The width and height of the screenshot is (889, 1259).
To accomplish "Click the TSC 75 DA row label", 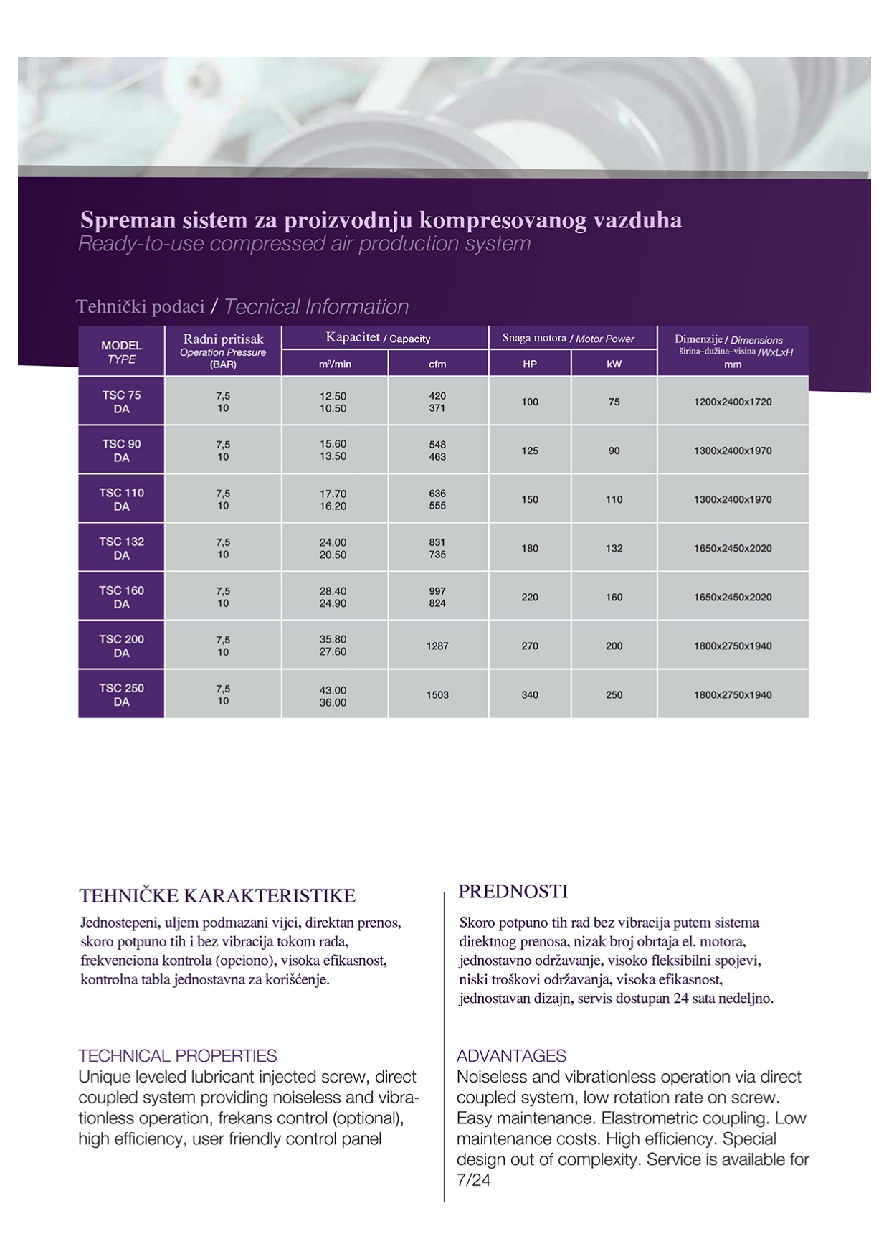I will [121, 402].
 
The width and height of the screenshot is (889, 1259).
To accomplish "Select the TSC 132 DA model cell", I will [121, 548].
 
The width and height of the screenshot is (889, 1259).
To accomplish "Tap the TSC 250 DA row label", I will [121, 694].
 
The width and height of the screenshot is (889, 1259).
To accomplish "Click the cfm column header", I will [437, 364].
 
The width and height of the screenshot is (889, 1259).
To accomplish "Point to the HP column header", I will [530, 364].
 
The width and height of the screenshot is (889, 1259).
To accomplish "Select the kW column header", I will [614, 364].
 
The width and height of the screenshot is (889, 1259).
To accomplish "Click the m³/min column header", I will [335, 364].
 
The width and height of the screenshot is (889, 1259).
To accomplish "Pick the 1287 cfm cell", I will [437, 646].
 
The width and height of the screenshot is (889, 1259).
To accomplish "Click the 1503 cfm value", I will [437, 694].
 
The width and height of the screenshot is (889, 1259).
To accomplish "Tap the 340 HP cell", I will [530, 694].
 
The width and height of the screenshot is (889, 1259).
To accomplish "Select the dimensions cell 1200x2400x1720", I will [733, 402].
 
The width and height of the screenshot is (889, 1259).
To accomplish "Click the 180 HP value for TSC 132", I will [530, 548].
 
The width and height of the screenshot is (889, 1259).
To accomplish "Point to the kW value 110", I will [614, 499].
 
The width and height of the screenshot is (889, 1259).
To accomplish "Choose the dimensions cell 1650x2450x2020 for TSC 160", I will [733, 597].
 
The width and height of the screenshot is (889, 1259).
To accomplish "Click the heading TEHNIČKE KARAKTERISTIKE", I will [217, 896].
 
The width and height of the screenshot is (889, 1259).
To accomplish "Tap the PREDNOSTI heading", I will [513, 892].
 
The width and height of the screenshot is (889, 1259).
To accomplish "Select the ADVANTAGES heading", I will [511, 1056].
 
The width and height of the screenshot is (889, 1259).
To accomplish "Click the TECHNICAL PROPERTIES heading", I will [178, 1056].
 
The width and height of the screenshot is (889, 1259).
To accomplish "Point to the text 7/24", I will [474, 1180].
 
